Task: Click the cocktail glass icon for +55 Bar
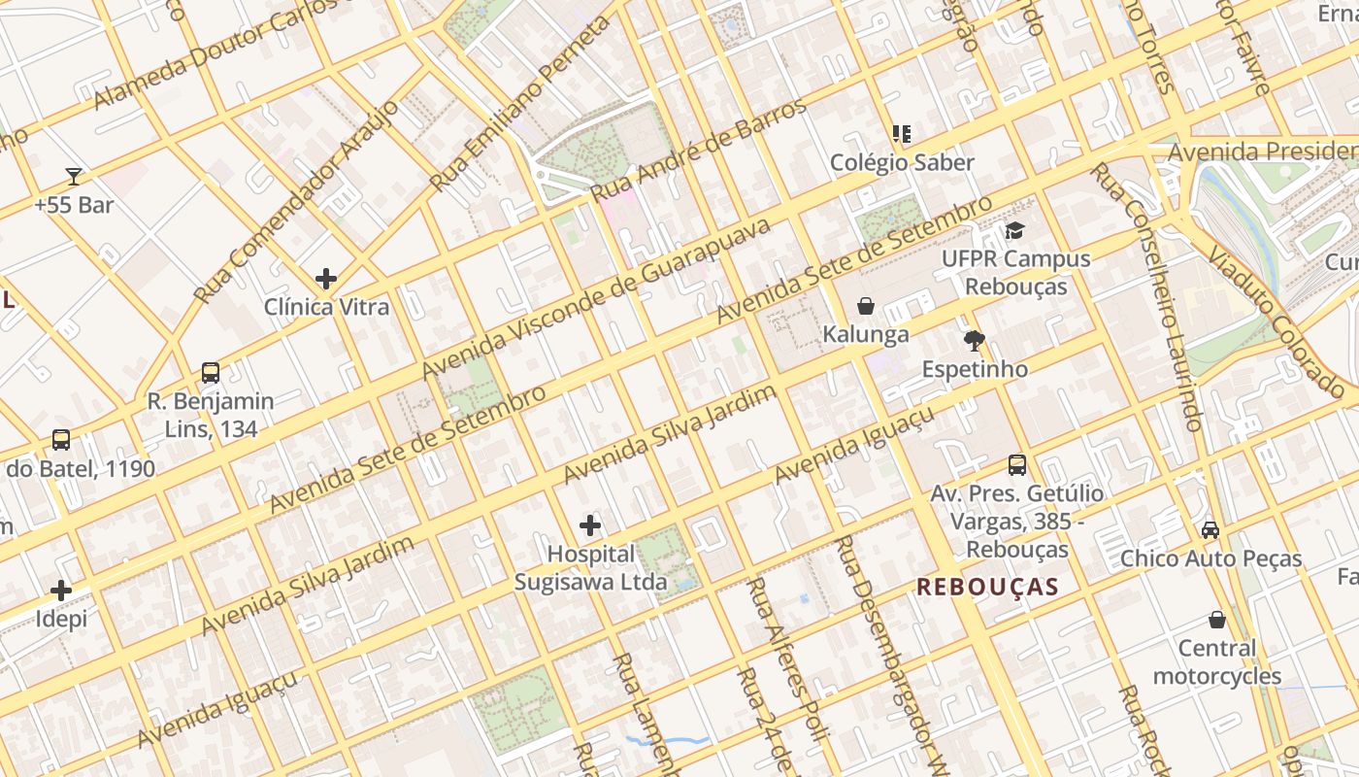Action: pos(74,176)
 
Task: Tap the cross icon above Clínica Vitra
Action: pos(326,279)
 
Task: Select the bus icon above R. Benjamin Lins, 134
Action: pos(210,372)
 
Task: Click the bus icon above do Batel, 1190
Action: pos(61,440)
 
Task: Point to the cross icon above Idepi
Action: pos(61,590)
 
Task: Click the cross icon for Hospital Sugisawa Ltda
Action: pos(590,525)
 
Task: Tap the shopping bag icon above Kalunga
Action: pos(866,306)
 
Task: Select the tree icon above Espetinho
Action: pos(975,340)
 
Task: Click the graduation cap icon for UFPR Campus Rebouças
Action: pos(1015,230)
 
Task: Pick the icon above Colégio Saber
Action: pos(902,133)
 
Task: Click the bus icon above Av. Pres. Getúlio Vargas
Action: pos(1016,464)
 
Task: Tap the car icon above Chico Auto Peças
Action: pos(1210,529)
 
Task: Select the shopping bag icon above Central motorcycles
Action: pos(1216,619)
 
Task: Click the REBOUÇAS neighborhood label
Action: pos(987,587)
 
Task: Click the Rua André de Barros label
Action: pos(699,150)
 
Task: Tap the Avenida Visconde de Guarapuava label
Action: pos(596,298)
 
